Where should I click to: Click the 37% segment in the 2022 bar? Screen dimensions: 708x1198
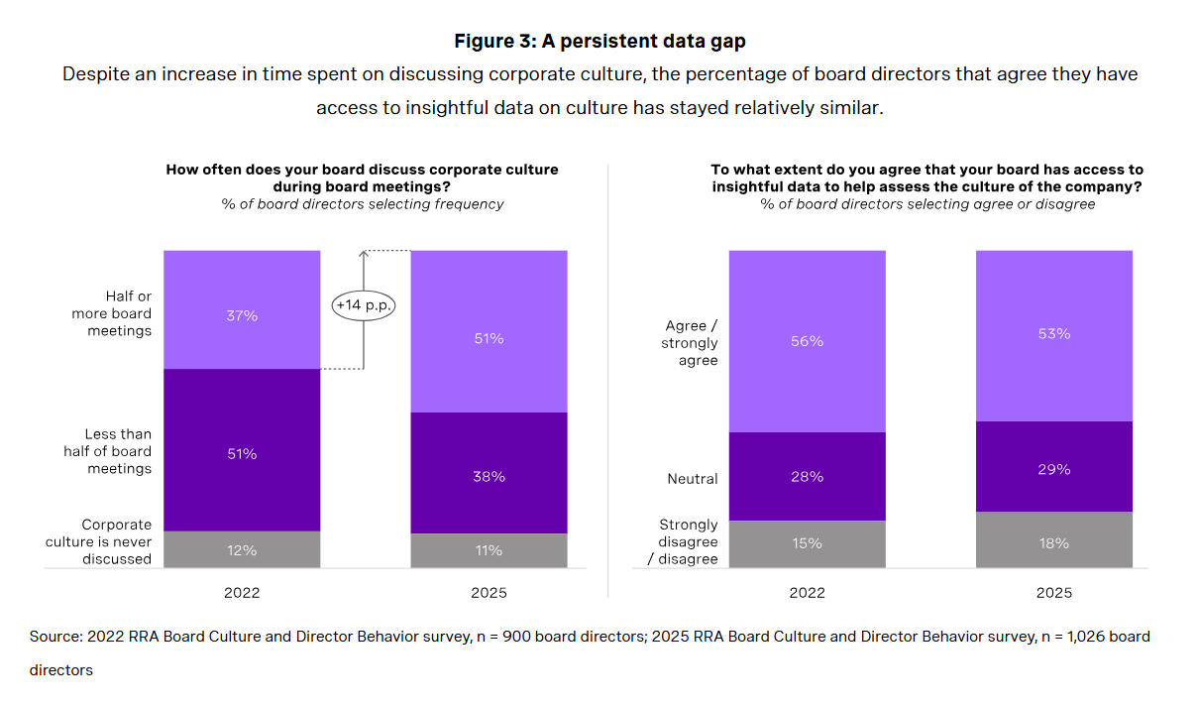coord(242,309)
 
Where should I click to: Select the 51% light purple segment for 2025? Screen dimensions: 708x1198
coord(489,331)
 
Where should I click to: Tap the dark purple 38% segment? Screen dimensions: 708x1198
coord(489,473)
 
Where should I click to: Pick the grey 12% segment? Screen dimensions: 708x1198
coord(242,549)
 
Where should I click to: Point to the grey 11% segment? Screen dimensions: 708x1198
coord(489,550)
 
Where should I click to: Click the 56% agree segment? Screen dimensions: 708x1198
coord(807,341)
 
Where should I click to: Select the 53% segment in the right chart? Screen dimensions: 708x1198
coord(1053,335)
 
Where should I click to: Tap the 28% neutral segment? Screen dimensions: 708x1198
coord(807,476)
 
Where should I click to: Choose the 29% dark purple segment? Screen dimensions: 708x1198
coord(1053,467)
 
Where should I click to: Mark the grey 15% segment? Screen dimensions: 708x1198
coord(807,543)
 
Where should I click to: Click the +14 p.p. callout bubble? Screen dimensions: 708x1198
coord(364,305)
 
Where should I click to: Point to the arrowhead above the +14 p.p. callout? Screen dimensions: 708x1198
coord(364,254)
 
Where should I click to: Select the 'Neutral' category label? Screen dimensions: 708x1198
coord(693,479)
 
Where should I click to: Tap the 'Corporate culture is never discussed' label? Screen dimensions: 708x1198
coord(98,541)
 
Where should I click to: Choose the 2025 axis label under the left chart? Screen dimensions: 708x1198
coord(489,593)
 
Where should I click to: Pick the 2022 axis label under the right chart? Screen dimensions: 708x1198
coord(807,593)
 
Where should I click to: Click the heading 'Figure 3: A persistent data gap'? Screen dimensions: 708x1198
coord(599,42)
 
